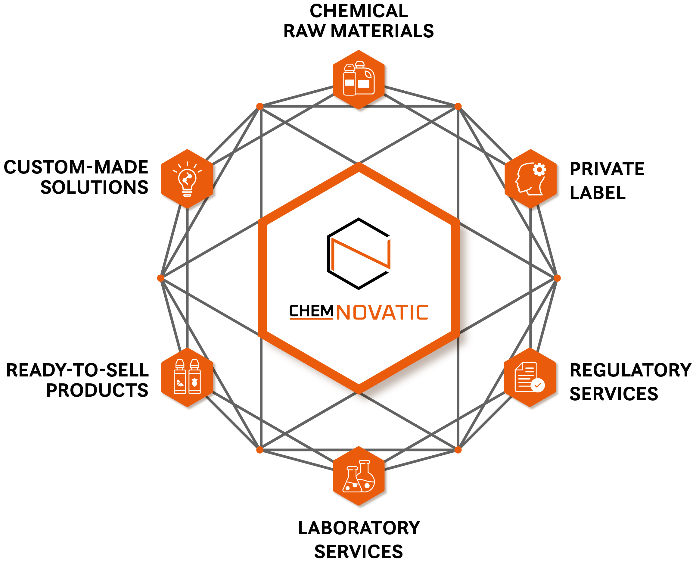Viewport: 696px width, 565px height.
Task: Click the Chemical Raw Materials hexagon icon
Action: click(359, 80)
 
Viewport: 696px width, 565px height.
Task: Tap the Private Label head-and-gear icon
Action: click(530, 179)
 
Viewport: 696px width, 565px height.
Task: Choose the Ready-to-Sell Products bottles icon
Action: click(187, 377)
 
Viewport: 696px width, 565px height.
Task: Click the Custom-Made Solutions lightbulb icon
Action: click(187, 179)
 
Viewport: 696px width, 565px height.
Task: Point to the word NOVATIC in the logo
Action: click(382, 312)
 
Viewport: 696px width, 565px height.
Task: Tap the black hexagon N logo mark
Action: click(359, 254)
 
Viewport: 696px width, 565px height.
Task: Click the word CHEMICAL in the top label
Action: click(359, 11)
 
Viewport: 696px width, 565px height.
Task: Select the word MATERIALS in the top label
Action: click(382, 31)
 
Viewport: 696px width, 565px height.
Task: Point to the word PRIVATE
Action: click(607, 169)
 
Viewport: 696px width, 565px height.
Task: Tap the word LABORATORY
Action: click(359, 528)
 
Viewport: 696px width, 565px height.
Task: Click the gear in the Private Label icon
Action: click(539, 169)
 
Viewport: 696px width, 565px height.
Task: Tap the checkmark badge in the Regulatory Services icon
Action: click(538, 385)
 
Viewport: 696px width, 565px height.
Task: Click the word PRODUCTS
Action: click(97, 390)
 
